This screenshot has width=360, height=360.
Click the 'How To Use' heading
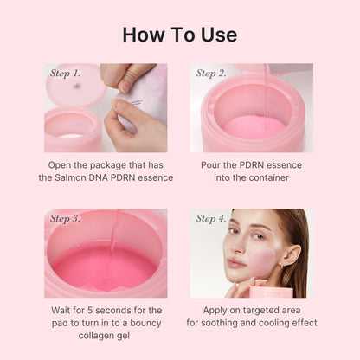tap(180, 35)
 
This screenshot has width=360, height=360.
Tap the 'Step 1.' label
tap(65, 74)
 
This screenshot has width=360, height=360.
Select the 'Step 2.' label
tap(211, 74)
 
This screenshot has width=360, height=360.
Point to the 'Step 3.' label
tap(65, 219)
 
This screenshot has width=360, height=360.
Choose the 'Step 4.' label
tap(211, 219)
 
